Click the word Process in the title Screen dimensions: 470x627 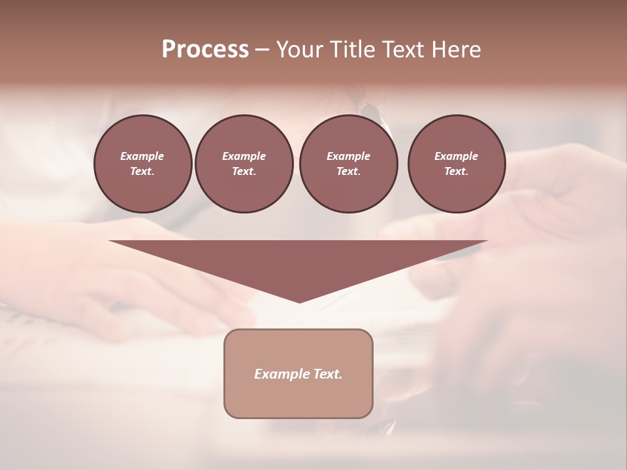pyautogui.click(x=205, y=50)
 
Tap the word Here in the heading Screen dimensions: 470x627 pyautogui.click(x=453, y=50)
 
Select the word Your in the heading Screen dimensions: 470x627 pyautogui.click(x=300, y=50)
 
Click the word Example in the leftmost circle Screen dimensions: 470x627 pyautogui.click(x=142, y=156)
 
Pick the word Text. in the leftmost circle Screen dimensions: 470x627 pyautogui.click(x=142, y=172)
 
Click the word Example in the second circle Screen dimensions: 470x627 pyautogui.click(x=244, y=156)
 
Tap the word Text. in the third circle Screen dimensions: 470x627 pyautogui.click(x=348, y=172)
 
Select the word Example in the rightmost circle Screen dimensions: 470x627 pyautogui.click(x=457, y=156)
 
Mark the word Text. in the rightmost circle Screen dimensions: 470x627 pyautogui.click(x=457, y=172)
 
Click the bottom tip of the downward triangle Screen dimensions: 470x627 pyautogui.click(x=299, y=301)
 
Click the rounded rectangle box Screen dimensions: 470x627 pyautogui.click(x=298, y=398)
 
